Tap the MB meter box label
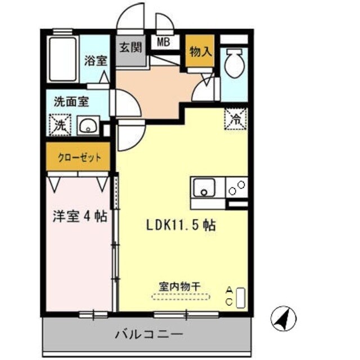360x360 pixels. (163, 41)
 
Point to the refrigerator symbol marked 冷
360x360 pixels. (235, 118)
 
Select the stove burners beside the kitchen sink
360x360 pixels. (237, 187)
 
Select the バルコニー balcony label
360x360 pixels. (148, 335)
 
